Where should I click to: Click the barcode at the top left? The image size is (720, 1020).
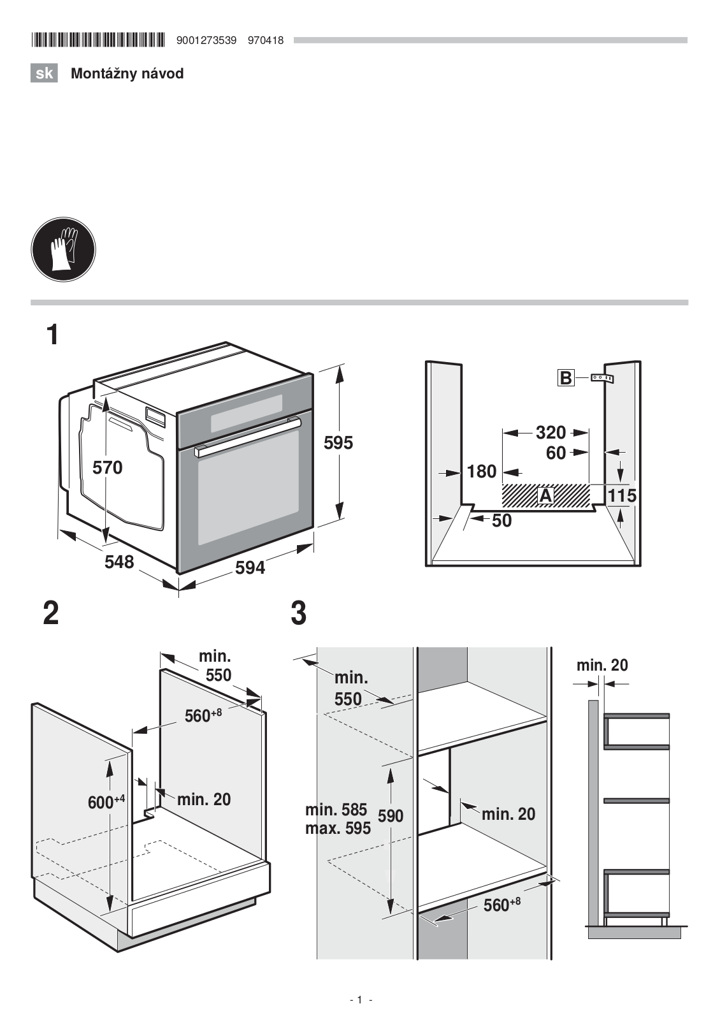98,40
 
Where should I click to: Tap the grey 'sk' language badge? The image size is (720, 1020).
44,73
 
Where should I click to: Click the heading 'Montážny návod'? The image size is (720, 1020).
127,73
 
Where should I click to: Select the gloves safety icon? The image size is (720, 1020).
63,249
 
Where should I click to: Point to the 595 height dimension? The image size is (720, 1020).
338,442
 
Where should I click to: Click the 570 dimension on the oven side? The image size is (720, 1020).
108,468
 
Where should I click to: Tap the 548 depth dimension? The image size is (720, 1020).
119,562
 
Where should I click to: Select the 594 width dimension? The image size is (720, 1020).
250,568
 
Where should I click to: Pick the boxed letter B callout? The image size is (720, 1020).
566,378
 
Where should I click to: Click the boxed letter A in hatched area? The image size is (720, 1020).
545,495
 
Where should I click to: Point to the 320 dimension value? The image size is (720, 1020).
551,433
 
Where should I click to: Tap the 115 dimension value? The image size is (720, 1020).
622,495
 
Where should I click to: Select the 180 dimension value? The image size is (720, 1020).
482,472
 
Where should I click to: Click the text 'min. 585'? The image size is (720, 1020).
336,810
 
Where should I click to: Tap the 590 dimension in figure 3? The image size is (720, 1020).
391,816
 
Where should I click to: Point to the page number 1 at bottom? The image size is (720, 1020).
359,1000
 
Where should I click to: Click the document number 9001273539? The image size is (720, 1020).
206,41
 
